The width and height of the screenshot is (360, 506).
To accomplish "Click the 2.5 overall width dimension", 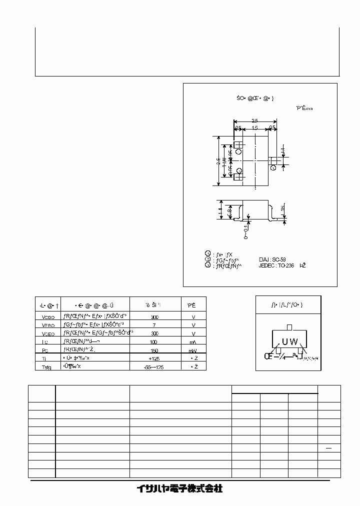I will (x=254, y=121).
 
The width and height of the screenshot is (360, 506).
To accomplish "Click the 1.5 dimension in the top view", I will (x=255, y=128).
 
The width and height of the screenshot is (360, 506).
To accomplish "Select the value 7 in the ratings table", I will (x=155, y=324).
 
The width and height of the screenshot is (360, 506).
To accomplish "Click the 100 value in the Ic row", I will (x=155, y=341).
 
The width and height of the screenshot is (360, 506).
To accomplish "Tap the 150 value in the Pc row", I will (x=155, y=350).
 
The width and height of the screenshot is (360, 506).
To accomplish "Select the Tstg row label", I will (x=44, y=366).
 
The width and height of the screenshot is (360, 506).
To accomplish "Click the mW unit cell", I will (x=193, y=350).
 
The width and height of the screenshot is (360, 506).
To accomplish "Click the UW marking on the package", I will (x=289, y=342).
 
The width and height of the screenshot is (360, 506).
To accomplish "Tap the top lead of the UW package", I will (x=289, y=327).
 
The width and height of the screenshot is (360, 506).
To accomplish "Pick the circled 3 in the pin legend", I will (x=208, y=265).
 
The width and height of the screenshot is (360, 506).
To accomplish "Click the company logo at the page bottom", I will (x=179, y=488).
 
